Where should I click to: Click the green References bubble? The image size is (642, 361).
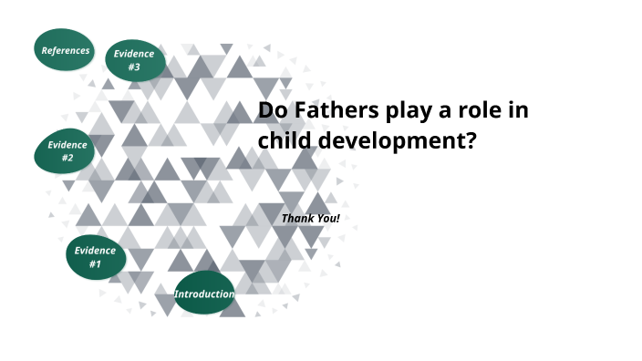click(66, 50)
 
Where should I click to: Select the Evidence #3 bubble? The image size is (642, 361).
click(133, 60)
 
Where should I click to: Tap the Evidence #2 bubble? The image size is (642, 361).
click(67, 151)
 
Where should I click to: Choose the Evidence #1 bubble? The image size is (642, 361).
click(95, 257)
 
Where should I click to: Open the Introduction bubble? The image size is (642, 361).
click(204, 294)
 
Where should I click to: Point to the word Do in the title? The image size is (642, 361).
click(272, 110)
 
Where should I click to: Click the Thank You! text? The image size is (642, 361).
click(310, 219)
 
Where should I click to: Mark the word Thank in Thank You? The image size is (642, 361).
click(297, 219)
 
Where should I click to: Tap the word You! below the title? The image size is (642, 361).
click(326, 219)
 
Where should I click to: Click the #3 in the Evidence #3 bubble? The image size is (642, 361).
click(133, 67)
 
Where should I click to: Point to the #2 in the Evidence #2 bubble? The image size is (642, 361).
click(67, 159)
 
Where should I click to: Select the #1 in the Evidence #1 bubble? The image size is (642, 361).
click(95, 264)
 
